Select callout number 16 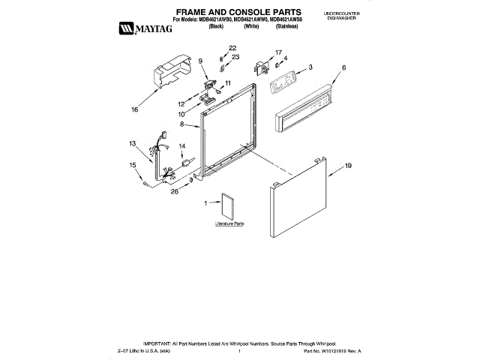click(x=135, y=110)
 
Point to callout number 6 click(x=343, y=68)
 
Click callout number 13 click(x=131, y=142)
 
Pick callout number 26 click(x=175, y=191)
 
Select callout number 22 click(x=232, y=48)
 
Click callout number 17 click(x=278, y=52)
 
